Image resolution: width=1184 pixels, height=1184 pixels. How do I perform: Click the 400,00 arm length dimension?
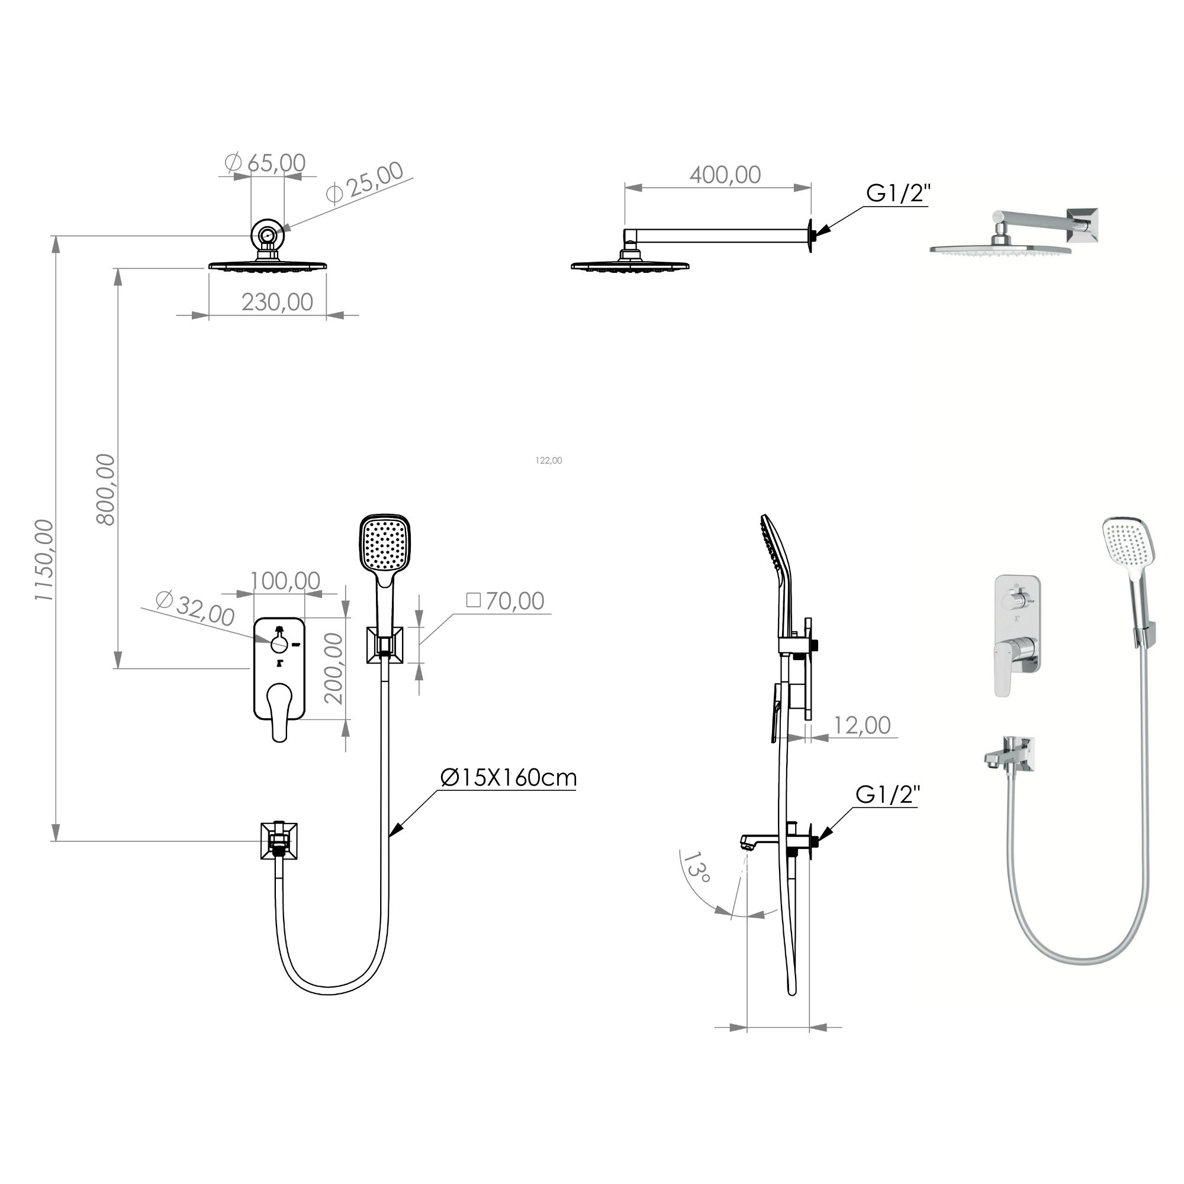[x=725, y=175]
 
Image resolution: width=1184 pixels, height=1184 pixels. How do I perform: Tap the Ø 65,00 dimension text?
[x=265, y=162]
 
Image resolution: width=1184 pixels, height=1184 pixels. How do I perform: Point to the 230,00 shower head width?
[x=277, y=301]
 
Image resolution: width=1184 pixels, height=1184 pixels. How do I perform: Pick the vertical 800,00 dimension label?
[x=105, y=489]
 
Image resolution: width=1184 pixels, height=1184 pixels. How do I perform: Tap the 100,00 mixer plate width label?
[x=285, y=580]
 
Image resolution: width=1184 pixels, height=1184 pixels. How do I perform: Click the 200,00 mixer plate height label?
[x=333, y=668]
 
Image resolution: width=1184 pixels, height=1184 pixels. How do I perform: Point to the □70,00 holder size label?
[x=505, y=601]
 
